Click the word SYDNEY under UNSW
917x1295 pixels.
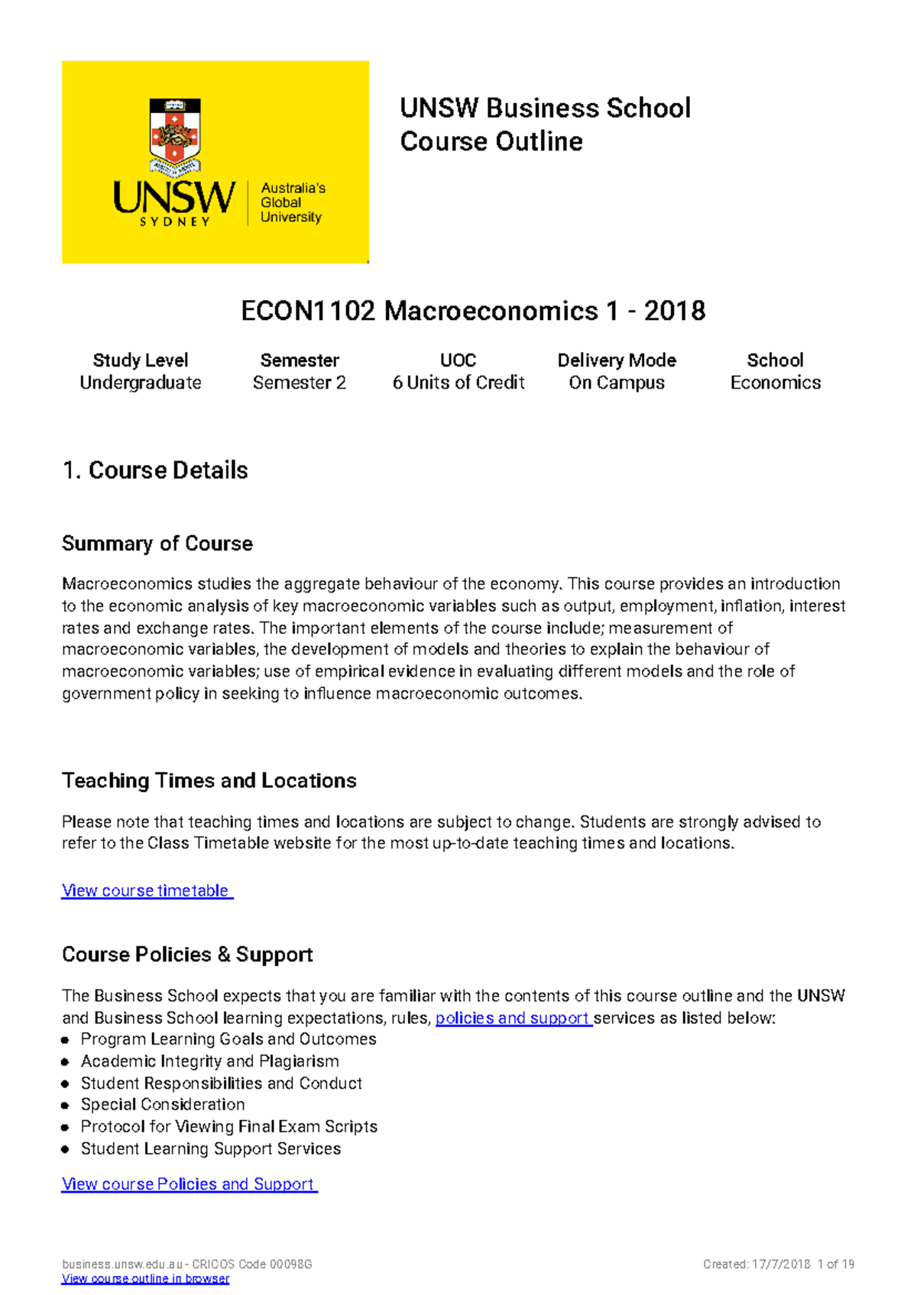(174, 221)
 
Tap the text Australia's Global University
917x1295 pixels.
(292, 202)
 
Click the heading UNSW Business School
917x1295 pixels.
(545, 108)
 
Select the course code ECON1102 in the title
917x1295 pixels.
(308, 311)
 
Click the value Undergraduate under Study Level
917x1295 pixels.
(141, 383)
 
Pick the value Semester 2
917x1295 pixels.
(300, 383)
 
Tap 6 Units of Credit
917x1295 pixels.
(458, 383)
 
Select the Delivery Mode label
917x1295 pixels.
(617, 360)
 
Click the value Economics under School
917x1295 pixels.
(775, 383)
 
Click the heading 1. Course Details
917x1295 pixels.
(155, 470)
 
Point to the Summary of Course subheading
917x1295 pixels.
(157, 544)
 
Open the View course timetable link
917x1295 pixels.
(147, 890)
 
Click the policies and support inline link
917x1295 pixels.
(513, 1018)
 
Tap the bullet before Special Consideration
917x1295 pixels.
(66, 1105)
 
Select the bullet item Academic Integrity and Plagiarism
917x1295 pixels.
(210, 1061)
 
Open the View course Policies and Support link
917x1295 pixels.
(189, 1184)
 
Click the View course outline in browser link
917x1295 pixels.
(145, 1279)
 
